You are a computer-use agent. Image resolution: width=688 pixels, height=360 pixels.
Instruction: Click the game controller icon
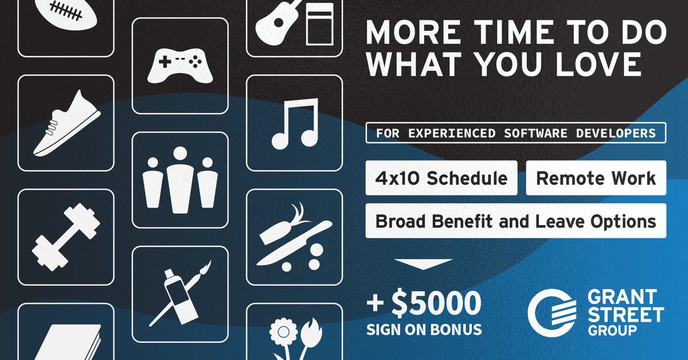[180, 65]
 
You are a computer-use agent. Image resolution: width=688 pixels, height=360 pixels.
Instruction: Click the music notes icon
[294, 124]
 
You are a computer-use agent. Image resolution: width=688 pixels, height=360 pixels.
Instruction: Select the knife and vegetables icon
[294, 236]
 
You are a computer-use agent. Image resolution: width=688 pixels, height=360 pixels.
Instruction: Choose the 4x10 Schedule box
[441, 178]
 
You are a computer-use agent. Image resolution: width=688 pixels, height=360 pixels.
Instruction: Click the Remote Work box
[596, 178]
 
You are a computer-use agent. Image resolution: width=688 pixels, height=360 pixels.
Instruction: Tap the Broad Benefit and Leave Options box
[515, 221]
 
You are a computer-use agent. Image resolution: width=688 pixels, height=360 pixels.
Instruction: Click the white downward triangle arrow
[424, 265]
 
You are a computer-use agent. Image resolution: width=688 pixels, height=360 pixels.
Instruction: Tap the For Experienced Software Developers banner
[515, 133]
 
